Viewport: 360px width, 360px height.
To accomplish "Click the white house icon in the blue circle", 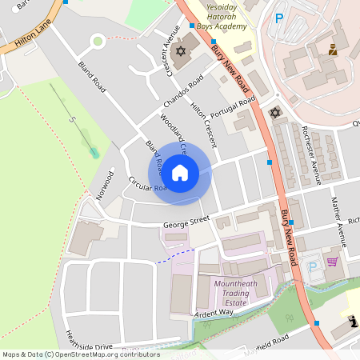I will click(180, 172).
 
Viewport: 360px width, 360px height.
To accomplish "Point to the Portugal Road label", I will click(234, 108).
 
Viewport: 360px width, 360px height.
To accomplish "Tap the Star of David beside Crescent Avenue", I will click(180, 51).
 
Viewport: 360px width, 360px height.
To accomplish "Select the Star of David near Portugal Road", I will click(276, 112).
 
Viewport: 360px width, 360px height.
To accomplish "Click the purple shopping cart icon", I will click(332, 262).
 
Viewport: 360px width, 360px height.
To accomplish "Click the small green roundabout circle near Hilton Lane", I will click(98, 40).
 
